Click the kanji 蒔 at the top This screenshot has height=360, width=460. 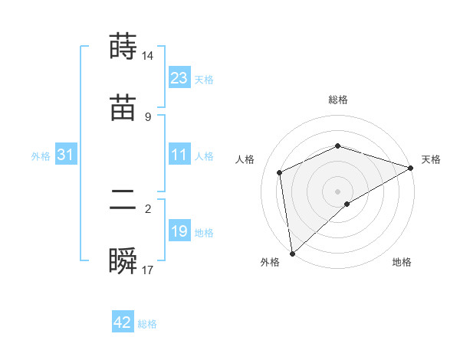click(123, 47)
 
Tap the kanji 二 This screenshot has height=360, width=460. click(123, 200)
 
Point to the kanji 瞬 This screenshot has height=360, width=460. click(123, 261)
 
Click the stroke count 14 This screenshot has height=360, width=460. click(148, 55)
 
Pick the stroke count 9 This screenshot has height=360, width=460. click(148, 116)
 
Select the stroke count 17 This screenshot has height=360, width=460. click(148, 270)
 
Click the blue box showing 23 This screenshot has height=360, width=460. click(179, 78)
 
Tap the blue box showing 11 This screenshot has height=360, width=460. click(179, 155)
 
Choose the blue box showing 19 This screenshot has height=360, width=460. click(179, 231)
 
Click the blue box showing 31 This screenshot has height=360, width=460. click(66, 155)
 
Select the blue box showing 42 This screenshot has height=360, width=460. click(123, 322)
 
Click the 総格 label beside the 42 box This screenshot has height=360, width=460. click(147, 324)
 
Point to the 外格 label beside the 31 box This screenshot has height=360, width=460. click(41, 156)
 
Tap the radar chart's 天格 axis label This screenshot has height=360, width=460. click(431, 159)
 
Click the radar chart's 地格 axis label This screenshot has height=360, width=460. click(402, 263)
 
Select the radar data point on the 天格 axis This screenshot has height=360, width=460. click(410, 167)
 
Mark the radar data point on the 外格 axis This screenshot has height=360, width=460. click(292, 253)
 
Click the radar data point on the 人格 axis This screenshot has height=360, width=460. click(280, 172)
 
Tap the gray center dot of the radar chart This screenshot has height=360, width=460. click(337, 191)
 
